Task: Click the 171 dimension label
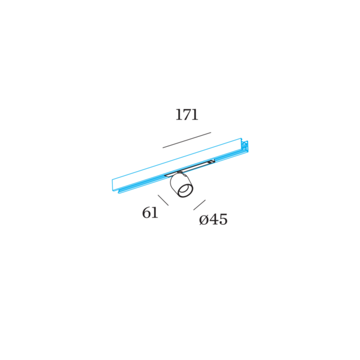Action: click(x=187, y=115)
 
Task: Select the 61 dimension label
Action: click(x=150, y=213)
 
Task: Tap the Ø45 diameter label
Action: click(x=213, y=219)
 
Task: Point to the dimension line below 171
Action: click(x=187, y=140)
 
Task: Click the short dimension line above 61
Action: click(x=163, y=200)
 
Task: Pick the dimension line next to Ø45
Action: click(x=199, y=205)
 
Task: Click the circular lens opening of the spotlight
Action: click(x=185, y=191)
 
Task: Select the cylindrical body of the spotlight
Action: click(x=181, y=185)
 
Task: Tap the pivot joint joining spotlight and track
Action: click(x=180, y=172)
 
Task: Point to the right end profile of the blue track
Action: click(x=245, y=146)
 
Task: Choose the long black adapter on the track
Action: click(x=189, y=168)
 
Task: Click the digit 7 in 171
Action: click(x=187, y=115)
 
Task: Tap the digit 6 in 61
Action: click(x=146, y=213)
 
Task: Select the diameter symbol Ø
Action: click(x=203, y=220)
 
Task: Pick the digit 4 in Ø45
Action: click(x=213, y=219)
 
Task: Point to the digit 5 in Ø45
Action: click(x=223, y=219)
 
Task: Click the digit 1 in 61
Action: click(x=155, y=213)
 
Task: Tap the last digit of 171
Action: click(x=195, y=115)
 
